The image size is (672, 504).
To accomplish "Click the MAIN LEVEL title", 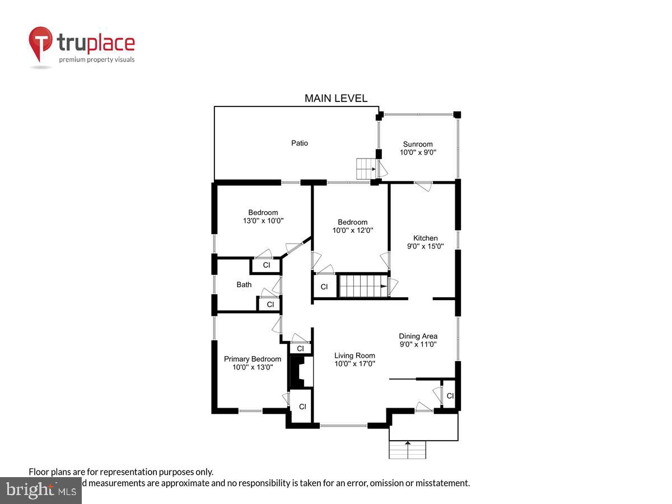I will (x=336, y=99).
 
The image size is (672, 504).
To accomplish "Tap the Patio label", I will (x=300, y=143).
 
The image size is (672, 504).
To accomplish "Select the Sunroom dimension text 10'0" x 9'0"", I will (x=418, y=152).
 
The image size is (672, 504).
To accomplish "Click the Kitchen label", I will (x=426, y=238).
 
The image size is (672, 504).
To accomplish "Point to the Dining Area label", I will (x=418, y=336).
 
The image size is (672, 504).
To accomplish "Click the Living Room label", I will (x=354, y=356).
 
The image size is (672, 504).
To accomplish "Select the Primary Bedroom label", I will (x=253, y=359).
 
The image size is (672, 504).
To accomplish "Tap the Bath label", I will (x=244, y=284).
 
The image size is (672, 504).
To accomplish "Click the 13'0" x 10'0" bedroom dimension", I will (x=263, y=221).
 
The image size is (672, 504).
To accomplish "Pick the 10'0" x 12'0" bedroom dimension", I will (x=353, y=230).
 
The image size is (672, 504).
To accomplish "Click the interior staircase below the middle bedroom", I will (x=363, y=286).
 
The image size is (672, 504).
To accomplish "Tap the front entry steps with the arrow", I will (x=408, y=450).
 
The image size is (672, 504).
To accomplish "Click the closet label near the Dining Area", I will (x=450, y=396).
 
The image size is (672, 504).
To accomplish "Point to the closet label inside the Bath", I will (x=270, y=305).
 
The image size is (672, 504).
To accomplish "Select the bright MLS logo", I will (x=40, y=491).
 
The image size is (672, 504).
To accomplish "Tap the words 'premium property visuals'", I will (x=97, y=59).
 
